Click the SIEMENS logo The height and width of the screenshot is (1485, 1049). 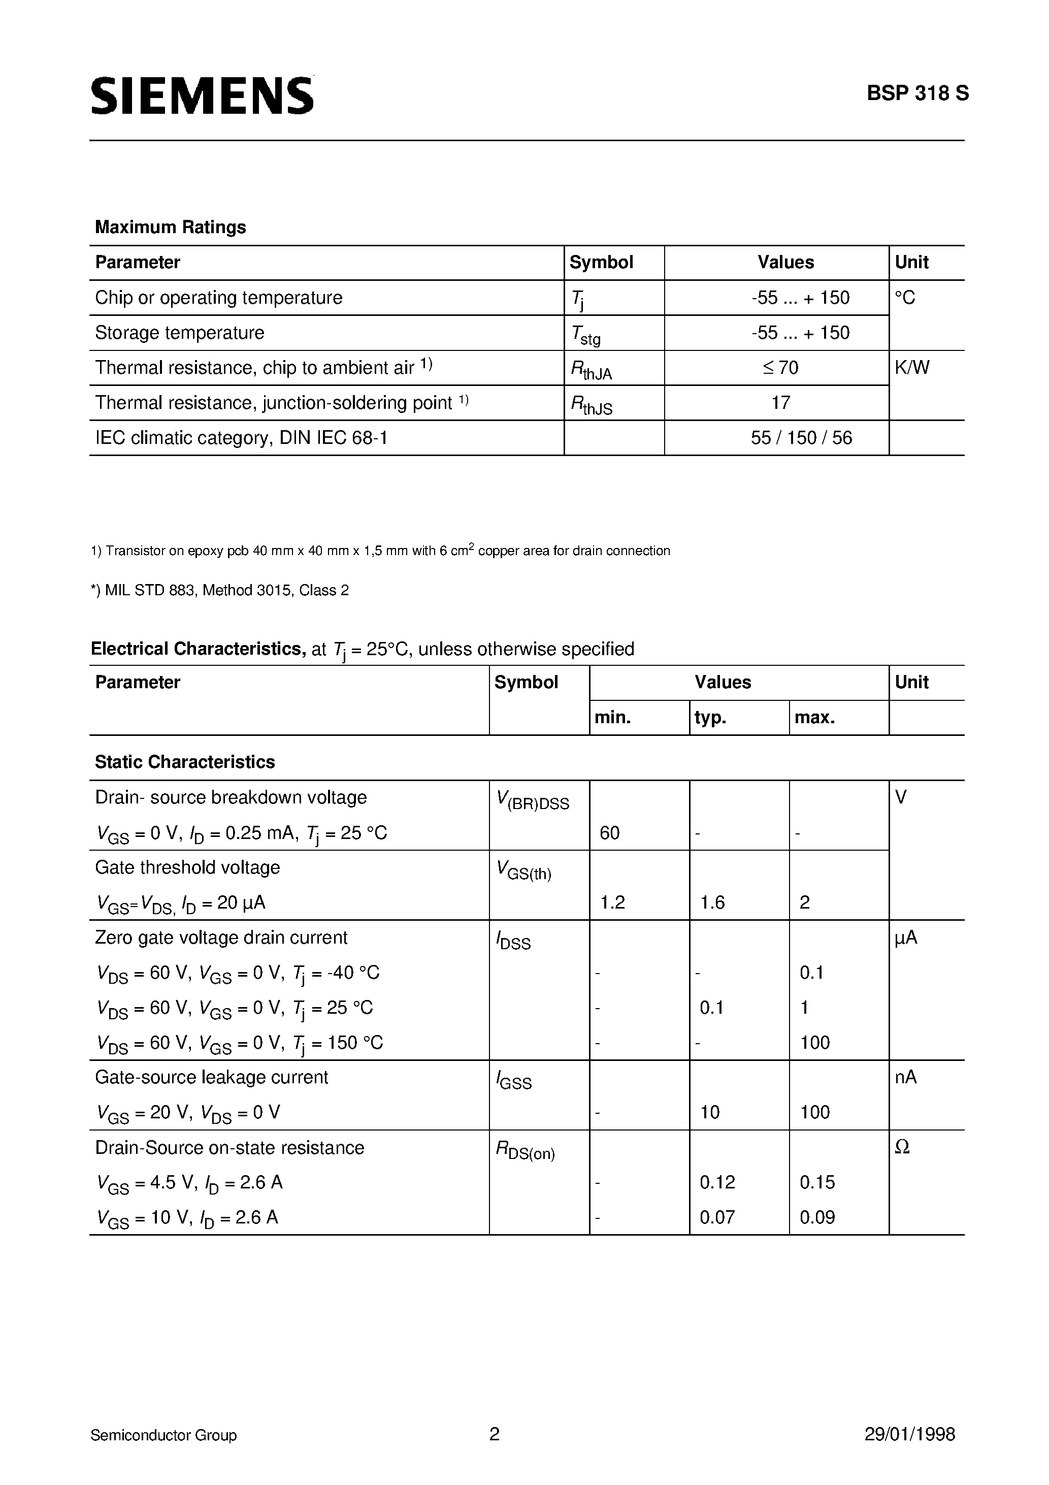point(202,95)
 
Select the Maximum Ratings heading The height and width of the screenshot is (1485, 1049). point(170,227)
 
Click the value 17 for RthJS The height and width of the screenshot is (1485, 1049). point(780,403)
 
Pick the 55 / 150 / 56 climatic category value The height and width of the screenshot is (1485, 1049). point(801,438)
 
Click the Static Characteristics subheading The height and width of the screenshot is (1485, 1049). point(185,762)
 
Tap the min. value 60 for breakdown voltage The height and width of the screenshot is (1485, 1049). point(609,833)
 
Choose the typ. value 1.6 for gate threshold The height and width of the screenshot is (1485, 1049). point(712,903)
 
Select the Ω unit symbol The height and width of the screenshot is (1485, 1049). point(902,1148)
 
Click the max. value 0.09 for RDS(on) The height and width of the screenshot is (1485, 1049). point(817,1218)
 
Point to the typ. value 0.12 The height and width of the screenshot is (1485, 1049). point(717,1183)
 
